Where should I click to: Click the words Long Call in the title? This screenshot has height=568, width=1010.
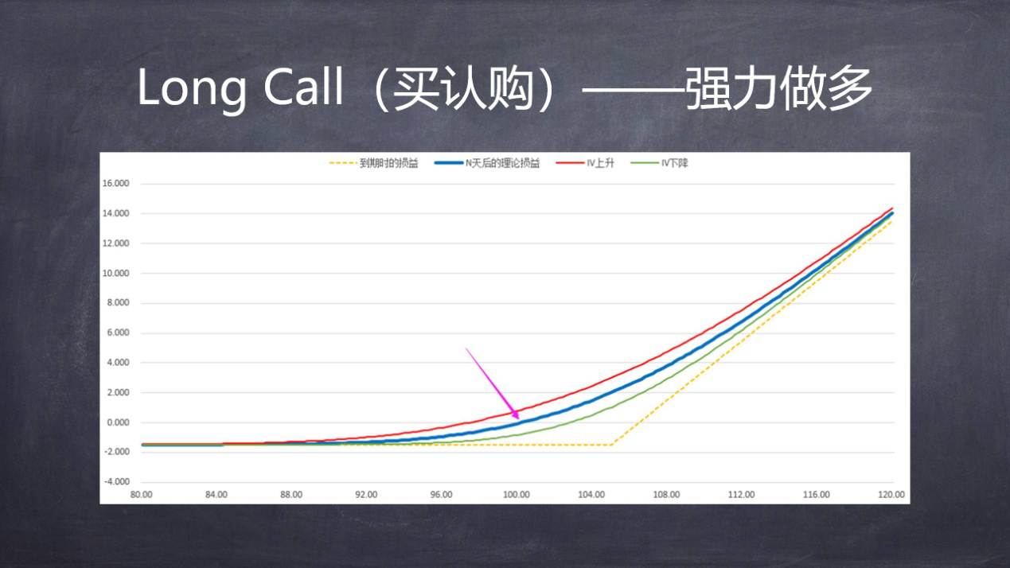tap(240, 88)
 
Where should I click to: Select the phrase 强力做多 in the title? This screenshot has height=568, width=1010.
tap(778, 88)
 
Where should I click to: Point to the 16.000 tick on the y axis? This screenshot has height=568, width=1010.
tap(115, 184)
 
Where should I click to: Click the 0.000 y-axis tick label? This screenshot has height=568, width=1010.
tap(118, 422)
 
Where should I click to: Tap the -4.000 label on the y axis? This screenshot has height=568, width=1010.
tap(117, 481)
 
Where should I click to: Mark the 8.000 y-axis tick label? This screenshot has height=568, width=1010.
tap(118, 302)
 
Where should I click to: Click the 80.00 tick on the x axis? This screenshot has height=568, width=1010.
tap(141, 495)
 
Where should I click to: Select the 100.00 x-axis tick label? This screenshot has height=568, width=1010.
tap(517, 495)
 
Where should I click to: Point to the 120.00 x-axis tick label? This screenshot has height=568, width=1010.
tap(891, 495)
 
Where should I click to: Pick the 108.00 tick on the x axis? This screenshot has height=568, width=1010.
tap(666, 495)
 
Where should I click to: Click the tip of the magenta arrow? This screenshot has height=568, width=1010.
tap(519, 420)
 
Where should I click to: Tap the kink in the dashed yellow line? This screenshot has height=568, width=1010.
tap(611, 445)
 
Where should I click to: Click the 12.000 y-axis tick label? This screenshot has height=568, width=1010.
tap(115, 243)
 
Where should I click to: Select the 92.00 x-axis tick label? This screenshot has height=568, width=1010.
tap(366, 495)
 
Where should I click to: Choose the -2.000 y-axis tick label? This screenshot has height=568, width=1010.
tap(117, 451)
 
